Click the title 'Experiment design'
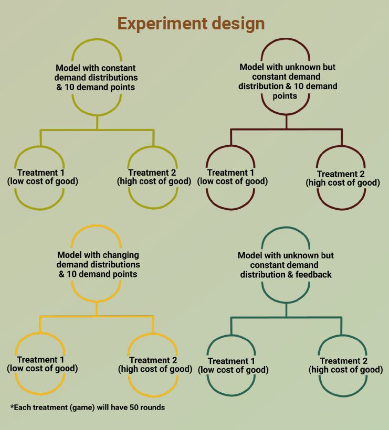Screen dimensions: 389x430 191,24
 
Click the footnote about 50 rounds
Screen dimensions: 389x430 87,407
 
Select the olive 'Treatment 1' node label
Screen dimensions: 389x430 42,177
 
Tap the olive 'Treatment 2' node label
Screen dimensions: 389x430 153,177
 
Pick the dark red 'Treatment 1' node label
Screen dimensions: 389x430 232,177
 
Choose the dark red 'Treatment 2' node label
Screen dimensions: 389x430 342,178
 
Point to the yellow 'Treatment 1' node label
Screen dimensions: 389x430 42,364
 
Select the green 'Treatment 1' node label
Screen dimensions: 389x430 233,365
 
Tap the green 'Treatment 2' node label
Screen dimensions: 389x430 345,365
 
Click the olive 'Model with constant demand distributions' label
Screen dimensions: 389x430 96,78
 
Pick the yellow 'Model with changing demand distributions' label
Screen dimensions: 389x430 98,264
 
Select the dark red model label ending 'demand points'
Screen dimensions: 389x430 287,81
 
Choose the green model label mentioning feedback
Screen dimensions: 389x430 286,265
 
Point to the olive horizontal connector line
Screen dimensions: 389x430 97,130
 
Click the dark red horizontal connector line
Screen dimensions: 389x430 286,129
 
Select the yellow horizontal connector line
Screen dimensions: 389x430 97,316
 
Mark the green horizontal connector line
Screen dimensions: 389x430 286,317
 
